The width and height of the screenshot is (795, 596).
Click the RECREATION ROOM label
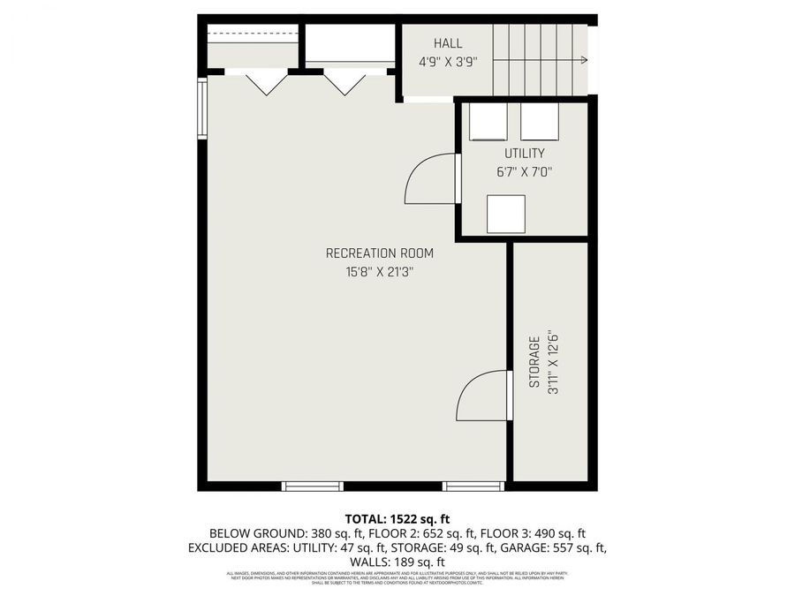(x=380, y=253)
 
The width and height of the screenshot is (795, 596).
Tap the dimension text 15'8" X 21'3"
(x=380, y=273)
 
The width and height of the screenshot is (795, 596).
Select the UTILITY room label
(x=524, y=154)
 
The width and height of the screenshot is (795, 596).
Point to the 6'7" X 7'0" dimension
(x=524, y=173)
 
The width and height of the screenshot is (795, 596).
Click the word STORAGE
(x=534, y=362)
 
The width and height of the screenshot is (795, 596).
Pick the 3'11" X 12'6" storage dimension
(x=554, y=362)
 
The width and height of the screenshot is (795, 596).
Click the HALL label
(x=448, y=43)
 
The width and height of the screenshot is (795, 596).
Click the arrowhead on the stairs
(x=584, y=60)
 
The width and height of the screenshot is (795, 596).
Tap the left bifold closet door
(x=266, y=83)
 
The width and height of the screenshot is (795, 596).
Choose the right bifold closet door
(x=344, y=83)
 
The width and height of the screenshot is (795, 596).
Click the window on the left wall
(x=202, y=109)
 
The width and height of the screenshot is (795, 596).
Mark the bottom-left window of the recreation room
(x=312, y=486)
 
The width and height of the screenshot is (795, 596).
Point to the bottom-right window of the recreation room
(x=473, y=486)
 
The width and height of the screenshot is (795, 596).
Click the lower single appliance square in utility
(x=506, y=213)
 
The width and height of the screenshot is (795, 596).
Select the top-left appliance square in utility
(x=488, y=123)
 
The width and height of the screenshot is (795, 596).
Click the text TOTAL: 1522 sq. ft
(x=397, y=518)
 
